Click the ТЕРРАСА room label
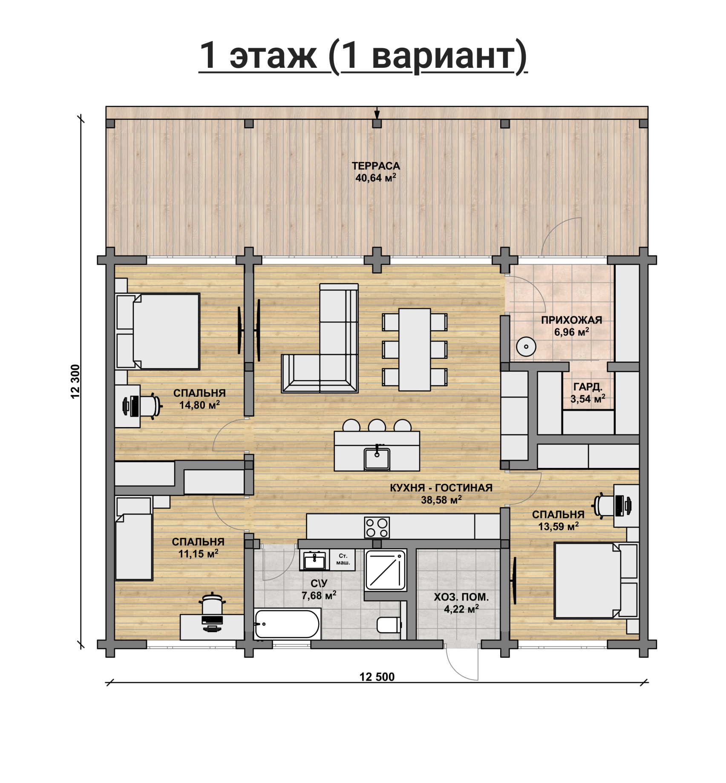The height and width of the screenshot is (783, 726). pos(376,166)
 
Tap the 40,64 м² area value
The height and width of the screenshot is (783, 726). pos(376,178)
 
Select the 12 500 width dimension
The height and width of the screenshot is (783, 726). pos(377,677)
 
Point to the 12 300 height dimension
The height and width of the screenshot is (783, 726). pos(75,381)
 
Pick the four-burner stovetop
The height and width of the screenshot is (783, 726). pos(377,527)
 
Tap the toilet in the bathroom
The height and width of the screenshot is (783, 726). pos(389,625)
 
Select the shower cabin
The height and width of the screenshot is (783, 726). pos(385,569)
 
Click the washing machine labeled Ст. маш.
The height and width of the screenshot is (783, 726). pos(343,560)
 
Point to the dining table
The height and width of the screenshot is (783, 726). pos(415,350)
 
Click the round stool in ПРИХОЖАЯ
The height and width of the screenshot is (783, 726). pos(526,347)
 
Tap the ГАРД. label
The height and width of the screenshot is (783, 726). pos(588,387)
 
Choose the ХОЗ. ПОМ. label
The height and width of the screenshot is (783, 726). pos(461,597)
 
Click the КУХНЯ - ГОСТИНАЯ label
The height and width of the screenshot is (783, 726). pos(441,488)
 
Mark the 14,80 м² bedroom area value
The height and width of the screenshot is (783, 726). pos(199,405)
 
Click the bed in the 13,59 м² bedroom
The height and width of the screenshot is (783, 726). pos(596,580)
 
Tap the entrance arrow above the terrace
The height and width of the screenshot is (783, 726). pos(377,113)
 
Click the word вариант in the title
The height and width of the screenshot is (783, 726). pos(444,57)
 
